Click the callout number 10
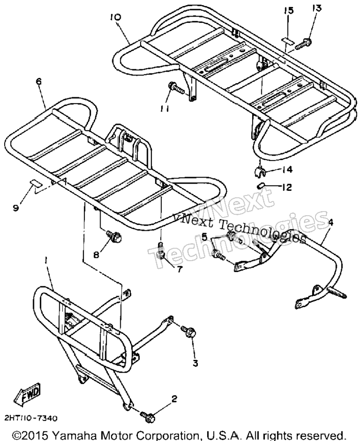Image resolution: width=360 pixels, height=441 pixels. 116,17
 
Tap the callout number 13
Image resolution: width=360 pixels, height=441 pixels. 316,8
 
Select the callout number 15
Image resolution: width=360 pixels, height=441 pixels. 289,11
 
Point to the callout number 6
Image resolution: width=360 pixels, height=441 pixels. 39,81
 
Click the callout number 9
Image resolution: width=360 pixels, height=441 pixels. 16,208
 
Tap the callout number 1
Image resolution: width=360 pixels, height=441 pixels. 46,261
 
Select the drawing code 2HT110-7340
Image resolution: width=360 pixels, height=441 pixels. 31,419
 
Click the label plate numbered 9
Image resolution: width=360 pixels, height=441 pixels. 36,183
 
